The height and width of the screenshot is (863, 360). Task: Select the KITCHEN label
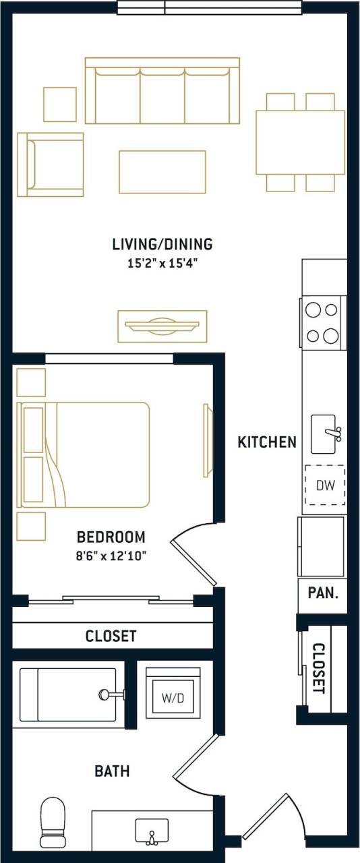click(x=267, y=442)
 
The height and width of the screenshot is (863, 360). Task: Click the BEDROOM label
click(x=111, y=537)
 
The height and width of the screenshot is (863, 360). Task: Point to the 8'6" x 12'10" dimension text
click(x=111, y=556)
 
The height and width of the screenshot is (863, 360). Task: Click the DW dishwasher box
click(x=325, y=485)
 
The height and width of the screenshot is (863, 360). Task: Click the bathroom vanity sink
click(x=152, y=831)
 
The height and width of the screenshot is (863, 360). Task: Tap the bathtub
click(x=67, y=694)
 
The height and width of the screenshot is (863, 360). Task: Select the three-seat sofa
click(x=162, y=92)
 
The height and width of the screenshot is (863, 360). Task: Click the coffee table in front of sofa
click(x=162, y=172)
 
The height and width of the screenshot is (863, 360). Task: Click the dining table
click(x=300, y=142)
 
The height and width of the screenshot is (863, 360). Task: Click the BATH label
click(x=112, y=771)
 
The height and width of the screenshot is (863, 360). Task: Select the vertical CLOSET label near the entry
click(x=319, y=669)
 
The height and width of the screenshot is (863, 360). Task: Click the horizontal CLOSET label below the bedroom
click(x=111, y=636)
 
